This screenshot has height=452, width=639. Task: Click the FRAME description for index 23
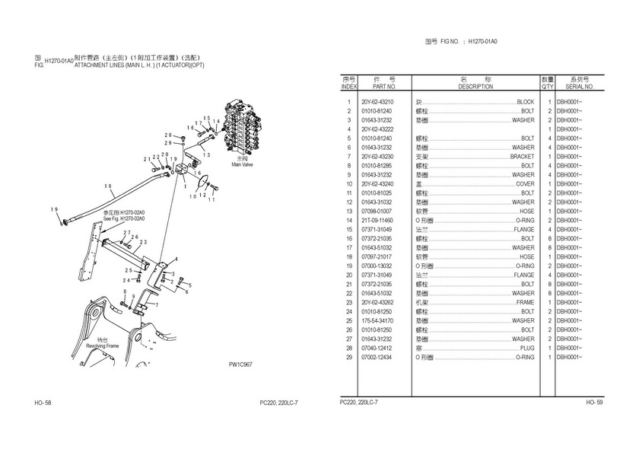pos(525,302)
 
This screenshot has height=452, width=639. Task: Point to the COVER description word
pos(525,184)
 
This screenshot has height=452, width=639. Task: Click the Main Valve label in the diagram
pos(241,163)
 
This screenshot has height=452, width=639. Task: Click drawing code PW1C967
pos(240,364)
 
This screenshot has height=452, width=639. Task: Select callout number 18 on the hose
pos(108,186)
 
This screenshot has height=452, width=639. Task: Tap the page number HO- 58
pos(43,402)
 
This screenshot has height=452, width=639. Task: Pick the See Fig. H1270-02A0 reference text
pos(123,219)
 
